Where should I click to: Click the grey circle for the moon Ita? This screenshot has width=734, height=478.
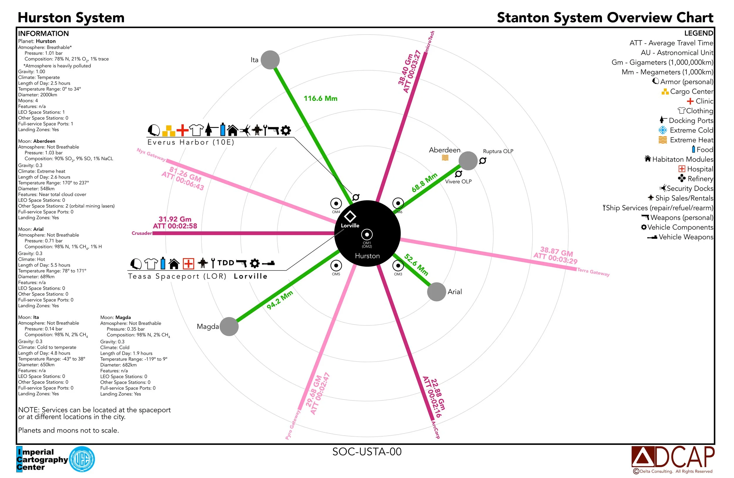click(270, 60)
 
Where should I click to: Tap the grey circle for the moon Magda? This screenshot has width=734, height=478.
click(229, 326)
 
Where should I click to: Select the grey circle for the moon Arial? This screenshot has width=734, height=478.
click(436, 292)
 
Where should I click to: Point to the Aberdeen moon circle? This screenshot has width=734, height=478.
click(468, 161)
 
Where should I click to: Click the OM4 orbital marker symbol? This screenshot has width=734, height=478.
click(336, 204)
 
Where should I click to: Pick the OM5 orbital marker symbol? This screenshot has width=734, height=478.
click(336, 265)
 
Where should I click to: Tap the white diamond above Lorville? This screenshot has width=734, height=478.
click(350, 216)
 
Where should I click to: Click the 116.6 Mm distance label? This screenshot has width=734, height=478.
click(320, 99)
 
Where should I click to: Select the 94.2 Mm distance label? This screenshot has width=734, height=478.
click(280, 300)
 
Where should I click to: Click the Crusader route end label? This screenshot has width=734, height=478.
click(142, 233)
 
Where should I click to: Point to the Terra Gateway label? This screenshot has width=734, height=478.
click(593, 272)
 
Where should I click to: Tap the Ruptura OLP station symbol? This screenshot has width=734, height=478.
click(482, 160)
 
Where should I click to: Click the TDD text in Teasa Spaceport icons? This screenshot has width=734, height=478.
click(226, 263)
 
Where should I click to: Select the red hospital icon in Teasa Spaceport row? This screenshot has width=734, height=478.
click(188, 264)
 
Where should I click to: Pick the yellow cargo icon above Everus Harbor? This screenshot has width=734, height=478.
click(169, 130)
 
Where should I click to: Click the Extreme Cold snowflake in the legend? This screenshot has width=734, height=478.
click(662, 130)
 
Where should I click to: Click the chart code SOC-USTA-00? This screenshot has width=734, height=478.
click(367, 452)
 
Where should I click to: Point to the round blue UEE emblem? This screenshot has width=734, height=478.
click(82, 459)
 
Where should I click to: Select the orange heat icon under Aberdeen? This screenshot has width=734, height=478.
click(445, 158)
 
